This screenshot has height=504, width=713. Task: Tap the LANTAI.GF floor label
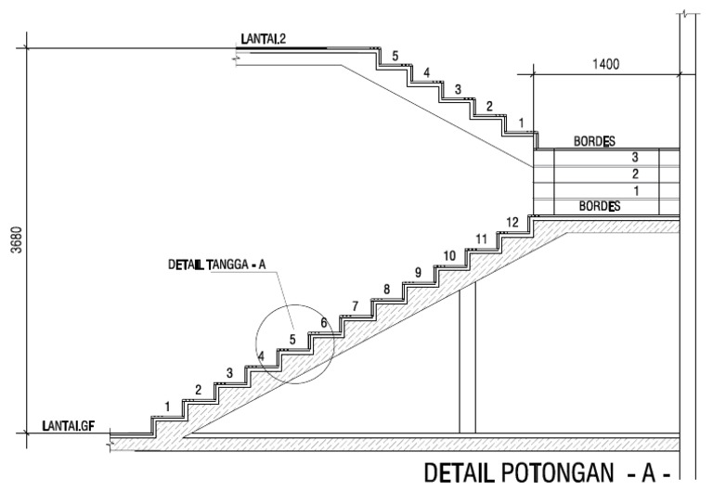[x=69, y=426]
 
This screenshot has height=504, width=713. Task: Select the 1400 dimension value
[x=604, y=65]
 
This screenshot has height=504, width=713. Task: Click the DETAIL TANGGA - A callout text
[x=216, y=265]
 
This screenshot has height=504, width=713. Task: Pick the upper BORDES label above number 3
[x=594, y=142]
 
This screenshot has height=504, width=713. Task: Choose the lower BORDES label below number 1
[x=600, y=206]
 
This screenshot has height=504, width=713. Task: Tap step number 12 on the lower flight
[x=512, y=223]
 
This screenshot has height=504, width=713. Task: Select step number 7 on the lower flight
[x=355, y=306]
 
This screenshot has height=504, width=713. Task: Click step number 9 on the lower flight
[x=418, y=273]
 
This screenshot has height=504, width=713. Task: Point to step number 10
[x=449, y=256]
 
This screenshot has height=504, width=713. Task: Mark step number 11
[x=481, y=239]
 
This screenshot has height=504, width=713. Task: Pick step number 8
[x=387, y=290]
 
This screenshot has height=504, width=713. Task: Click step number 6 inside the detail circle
[x=324, y=323]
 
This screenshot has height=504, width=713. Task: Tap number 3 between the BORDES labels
[x=635, y=159]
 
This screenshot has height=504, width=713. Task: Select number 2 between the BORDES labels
[x=635, y=174]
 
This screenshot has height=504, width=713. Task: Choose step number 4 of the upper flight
[x=427, y=73]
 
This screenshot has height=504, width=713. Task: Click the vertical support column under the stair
[x=467, y=356]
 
